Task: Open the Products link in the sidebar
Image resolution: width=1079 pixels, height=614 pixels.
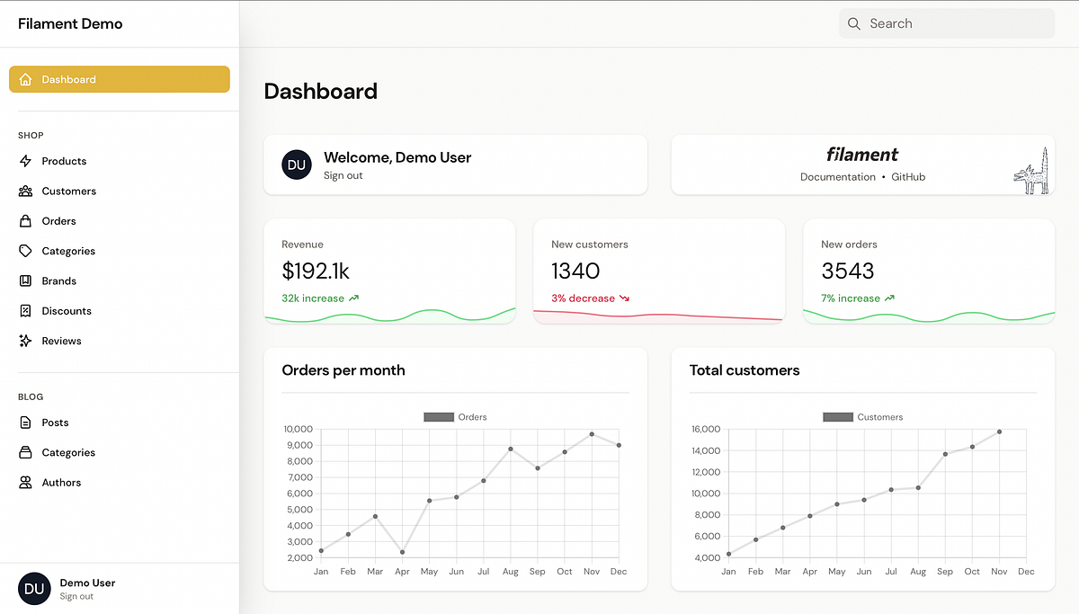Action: (x=64, y=161)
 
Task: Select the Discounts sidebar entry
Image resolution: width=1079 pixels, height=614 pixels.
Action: (x=67, y=311)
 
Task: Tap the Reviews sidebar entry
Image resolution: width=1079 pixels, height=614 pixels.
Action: (x=61, y=341)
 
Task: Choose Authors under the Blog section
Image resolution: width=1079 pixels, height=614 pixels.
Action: (x=61, y=483)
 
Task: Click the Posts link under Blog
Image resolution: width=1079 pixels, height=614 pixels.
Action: (x=55, y=423)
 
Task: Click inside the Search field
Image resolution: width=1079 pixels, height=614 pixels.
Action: (x=953, y=24)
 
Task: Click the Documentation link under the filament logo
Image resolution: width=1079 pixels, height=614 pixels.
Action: (x=837, y=177)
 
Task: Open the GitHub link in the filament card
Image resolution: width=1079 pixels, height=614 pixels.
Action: (x=908, y=177)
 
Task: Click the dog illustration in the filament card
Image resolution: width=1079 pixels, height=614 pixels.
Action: (x=1031, y=173)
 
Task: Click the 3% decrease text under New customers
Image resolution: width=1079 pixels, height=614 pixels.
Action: (x=584, y=298)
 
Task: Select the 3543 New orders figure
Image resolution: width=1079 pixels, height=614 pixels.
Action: (x=847, y=271)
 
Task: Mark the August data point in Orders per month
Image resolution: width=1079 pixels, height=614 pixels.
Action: (x=511, y=449)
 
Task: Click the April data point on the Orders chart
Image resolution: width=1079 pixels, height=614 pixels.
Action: (x=402, y=552)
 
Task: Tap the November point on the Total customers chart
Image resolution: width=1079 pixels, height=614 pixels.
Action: (x=999, y=432)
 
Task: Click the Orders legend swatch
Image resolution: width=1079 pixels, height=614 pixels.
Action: (x=439, y=417)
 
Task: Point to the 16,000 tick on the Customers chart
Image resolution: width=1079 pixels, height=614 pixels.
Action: (x=705, y=429)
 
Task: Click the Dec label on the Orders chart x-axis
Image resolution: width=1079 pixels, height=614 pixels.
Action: (x=619, y=572)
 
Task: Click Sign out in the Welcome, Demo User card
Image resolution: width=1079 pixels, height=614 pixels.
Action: (x=343, y=175)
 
